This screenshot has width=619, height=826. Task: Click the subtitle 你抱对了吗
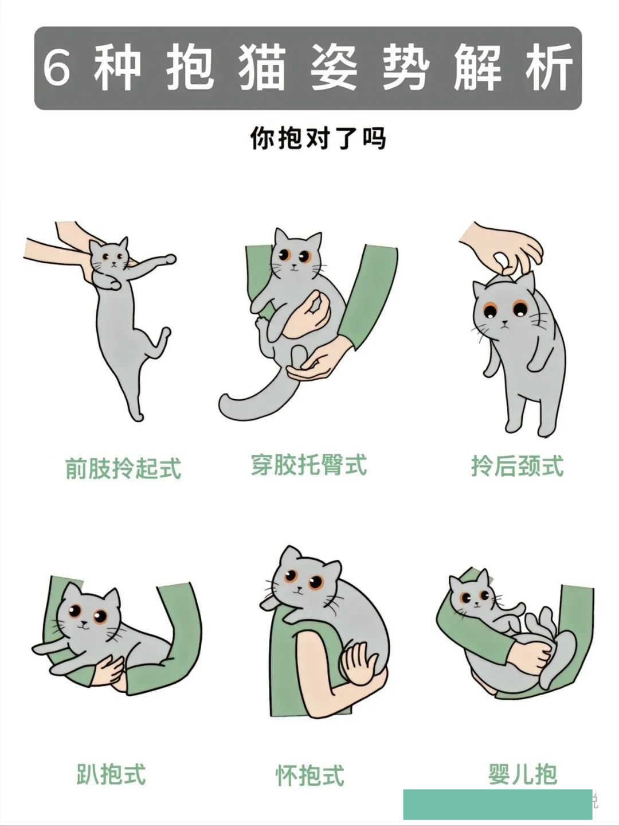tap(318, 138)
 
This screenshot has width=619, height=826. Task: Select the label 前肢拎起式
tap(123, 468)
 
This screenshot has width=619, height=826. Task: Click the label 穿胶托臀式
tap(309, 465)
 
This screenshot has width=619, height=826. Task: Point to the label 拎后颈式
tap(517, 466)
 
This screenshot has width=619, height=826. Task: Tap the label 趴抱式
tap(111, 774)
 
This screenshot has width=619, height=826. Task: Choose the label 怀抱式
tap(309, 776)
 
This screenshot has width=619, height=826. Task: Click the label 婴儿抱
tap(522, 774)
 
